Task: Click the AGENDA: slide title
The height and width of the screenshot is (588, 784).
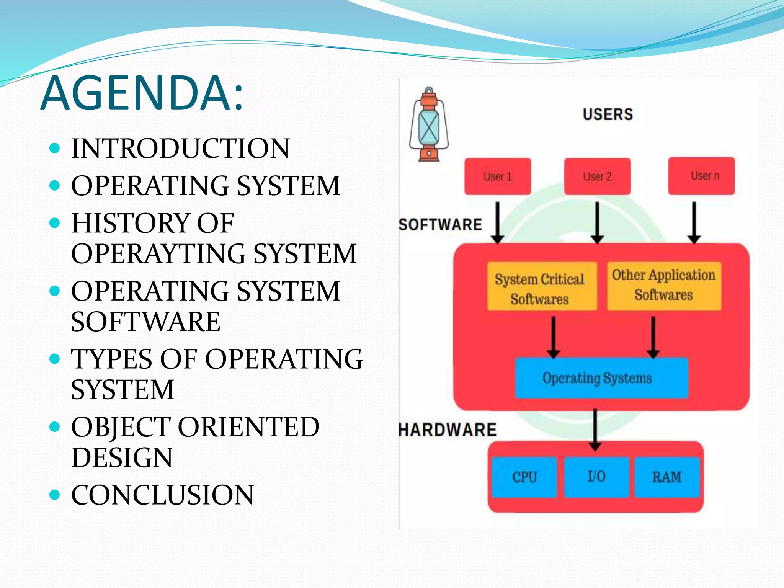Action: click(142, 94)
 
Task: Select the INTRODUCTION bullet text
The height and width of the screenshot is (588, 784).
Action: click(180, 149)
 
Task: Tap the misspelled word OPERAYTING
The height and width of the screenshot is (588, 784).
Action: click(158, 254)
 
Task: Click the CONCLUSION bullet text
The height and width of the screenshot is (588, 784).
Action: click(162, 495)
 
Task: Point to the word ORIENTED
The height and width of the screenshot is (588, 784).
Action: click(248, 427)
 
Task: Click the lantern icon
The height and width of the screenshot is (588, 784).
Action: click(429, 124)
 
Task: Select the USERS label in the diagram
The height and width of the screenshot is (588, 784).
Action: click(608, 114)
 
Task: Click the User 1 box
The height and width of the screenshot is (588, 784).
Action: click(498, 176)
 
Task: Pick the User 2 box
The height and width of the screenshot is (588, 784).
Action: click(597, 176)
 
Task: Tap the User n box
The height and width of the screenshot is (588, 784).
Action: click(701, 176)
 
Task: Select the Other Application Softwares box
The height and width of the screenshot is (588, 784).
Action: click(664, 286)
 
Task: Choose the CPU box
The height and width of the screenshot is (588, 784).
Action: click(524, 477)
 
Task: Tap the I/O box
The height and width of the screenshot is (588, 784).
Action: click(596, 477)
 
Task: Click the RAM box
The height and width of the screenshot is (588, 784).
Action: click(667, 477)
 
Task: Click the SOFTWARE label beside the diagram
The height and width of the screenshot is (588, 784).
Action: click(440, 225)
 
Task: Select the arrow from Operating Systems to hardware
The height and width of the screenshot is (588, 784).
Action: click(595, 429)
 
